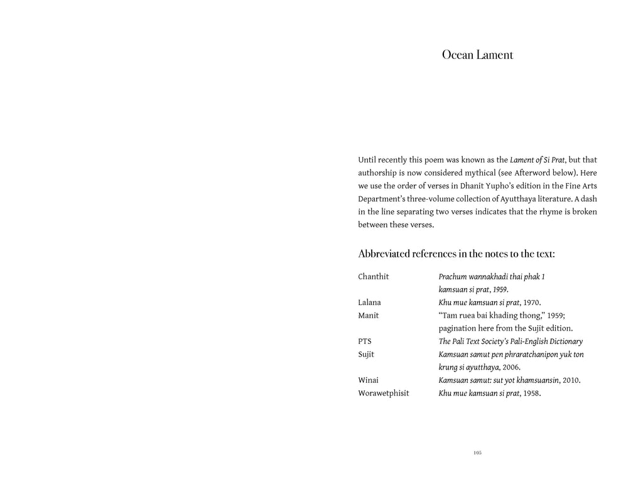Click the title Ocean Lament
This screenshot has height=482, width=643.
(477, 55)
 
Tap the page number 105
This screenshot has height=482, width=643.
(477, 453)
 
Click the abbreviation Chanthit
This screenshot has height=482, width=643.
(374, 277)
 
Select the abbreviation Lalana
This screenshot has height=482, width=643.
(369, 303)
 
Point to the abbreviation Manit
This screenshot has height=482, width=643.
(369, 316)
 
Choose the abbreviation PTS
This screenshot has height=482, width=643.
(365, 341)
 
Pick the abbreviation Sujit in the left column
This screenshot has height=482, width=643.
(366, 355)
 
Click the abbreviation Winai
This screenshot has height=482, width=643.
(369, 380)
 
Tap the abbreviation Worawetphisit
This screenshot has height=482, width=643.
(383, 394)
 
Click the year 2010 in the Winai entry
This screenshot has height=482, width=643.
(571, 380)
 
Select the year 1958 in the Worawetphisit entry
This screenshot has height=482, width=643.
(531, 394)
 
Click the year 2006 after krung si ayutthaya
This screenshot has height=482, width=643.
(510, 367)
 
